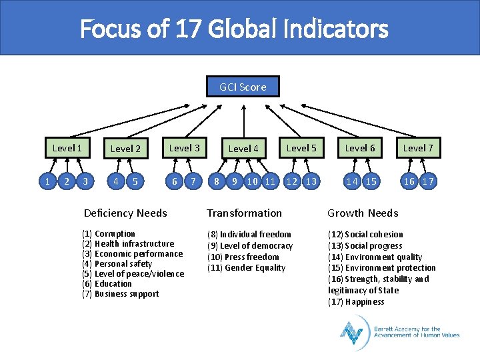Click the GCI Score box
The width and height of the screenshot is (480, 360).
[x=243, y=87]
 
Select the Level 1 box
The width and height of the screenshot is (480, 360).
[x=67, y=148]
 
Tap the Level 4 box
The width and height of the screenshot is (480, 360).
[x=243, y=149]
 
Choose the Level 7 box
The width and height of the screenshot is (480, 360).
[x=418, y=148]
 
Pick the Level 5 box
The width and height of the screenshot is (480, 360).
[x=301, y=148]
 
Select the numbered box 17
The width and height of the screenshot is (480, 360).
[x=428, y=181]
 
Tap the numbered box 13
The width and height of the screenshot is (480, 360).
[x=311, y=181]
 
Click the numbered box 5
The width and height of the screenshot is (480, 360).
[x=136, y=181]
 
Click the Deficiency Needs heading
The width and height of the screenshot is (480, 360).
[x=125, y=213]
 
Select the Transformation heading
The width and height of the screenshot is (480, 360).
[x=244, y=213]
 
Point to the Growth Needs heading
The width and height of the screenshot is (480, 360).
[x=363, y=213]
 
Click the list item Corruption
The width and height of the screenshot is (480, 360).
[x=115, y=234]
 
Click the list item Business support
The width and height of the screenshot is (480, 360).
[x=127, y=294]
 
